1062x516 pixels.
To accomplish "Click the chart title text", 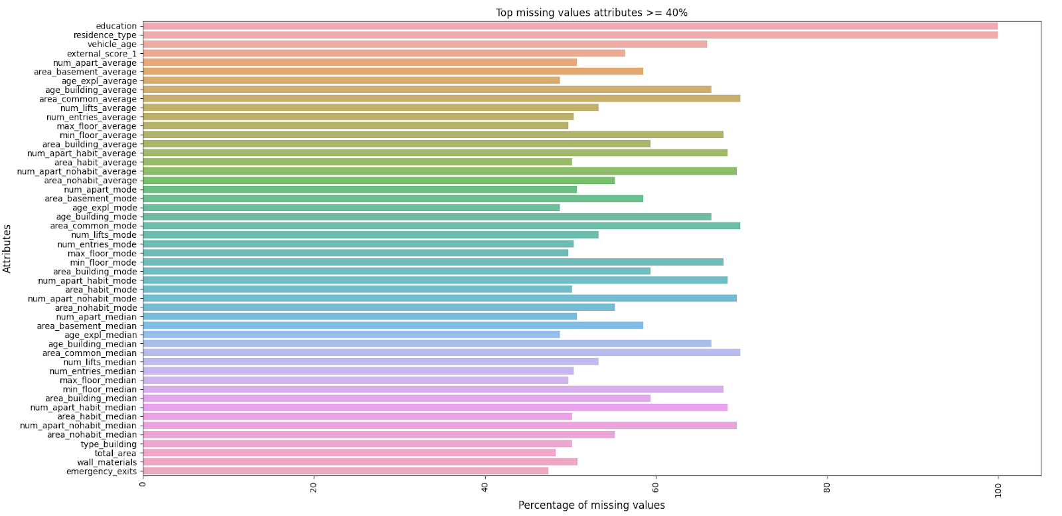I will (591, 13).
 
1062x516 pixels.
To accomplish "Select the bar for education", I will (569, 26).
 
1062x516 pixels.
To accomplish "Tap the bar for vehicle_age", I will (425, 44).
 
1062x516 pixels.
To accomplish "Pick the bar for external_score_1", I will (384, 53).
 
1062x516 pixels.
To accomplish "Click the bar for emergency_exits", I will (345, 471).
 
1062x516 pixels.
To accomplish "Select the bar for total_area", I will (349, 453).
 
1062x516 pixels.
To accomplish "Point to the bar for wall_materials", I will (360, 462).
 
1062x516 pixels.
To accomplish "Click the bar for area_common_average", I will (441, 99).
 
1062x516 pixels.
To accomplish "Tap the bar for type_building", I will (357, 444).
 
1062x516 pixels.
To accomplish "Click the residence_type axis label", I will (105, 35).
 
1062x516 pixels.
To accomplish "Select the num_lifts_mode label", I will (104, 235).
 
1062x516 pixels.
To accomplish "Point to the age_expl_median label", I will (100, 335).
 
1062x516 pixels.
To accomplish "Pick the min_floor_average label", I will (98, 135).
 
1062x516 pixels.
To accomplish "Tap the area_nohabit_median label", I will (92, 435).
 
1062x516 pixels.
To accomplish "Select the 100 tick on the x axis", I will (998, 489).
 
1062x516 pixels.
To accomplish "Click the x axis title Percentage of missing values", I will (591, 505).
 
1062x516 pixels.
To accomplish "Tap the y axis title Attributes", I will (7, 248).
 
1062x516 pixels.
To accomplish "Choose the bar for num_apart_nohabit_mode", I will (439, 298).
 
